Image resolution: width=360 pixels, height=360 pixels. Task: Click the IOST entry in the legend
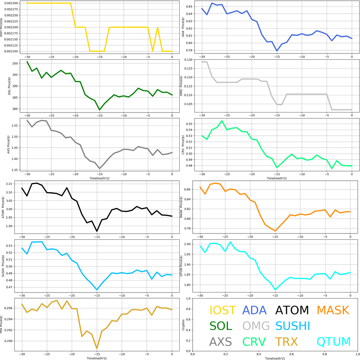click(x=223, y=310)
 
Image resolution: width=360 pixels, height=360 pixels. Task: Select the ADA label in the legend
click(x=255, y=310)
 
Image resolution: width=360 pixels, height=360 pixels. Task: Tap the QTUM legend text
click(x=334, y=341)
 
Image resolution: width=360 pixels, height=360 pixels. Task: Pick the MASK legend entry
click(x=333, y=310)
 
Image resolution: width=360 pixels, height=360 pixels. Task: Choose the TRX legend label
click(x=286, y=341)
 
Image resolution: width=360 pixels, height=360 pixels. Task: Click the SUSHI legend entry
click(x=292, y=326)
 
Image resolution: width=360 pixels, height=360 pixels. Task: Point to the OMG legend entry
click(x=256, y=326)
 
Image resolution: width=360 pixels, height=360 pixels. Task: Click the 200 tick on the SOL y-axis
click(x=15, y=64)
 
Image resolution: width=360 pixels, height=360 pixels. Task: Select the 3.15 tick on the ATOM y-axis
click(x=13, y=184)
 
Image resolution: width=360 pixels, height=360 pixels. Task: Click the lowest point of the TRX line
click(x=97, y=348)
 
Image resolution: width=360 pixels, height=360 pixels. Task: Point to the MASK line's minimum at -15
click(x=275, y=231)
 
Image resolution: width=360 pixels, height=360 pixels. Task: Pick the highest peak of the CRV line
click(x=222, y=121)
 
